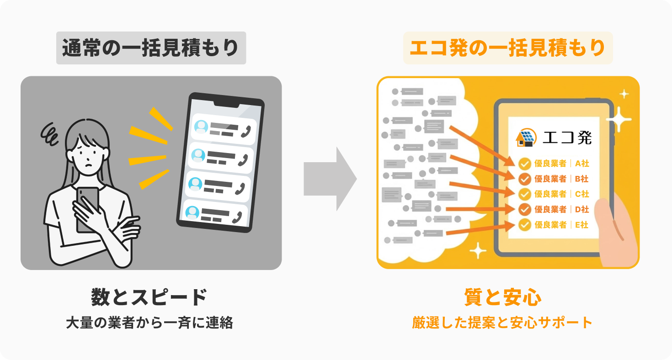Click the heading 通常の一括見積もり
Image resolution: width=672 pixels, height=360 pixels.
[x=151, y=48]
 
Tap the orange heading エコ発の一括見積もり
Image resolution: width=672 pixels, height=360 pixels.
[x=507, y=48]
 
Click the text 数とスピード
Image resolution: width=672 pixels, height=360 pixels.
[x=149, y=298]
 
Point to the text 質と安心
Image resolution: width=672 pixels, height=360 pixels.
[x=503, y=298]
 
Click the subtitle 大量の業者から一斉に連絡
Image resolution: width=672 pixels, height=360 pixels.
[x=149, y=323]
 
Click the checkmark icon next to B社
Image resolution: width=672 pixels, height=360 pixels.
[x=525, y=179]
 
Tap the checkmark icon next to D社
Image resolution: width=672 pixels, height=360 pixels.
[x=525, y=210]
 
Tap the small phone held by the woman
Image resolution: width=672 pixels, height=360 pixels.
[x=87, y=206]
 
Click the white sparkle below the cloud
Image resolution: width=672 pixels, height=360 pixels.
[x=478, y=250]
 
